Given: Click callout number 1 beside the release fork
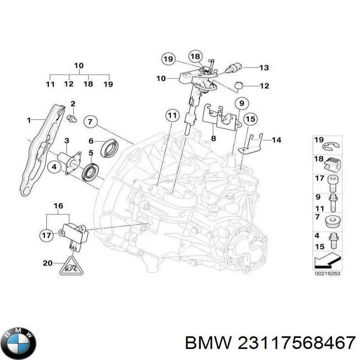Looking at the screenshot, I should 28,120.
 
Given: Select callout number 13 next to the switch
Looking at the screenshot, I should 264,68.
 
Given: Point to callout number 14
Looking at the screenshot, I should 276,140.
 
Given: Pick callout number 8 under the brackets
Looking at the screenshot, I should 213,139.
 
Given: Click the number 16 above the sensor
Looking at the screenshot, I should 58,206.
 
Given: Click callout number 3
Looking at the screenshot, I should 66,140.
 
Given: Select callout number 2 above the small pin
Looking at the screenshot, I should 73,104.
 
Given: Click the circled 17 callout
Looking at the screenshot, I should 46,234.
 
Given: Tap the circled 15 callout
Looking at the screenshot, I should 251,119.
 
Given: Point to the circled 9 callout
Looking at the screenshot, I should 241,103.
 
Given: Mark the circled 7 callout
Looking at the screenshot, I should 90,121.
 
